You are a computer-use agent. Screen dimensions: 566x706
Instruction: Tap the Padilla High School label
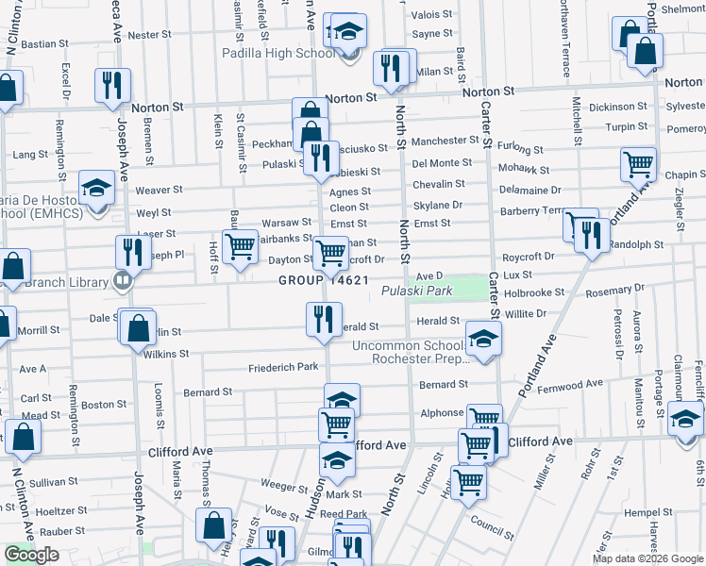278,53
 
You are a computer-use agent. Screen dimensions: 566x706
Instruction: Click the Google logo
32,555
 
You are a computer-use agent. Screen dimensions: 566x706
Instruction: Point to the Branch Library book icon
122,280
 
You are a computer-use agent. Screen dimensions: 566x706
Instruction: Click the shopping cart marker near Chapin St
639,164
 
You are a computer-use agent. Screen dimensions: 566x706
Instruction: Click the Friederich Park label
283,368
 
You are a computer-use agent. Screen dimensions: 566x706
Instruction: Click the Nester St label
149,35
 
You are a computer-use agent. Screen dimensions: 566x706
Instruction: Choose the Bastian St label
40,43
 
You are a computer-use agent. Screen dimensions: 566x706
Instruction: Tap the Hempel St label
647,512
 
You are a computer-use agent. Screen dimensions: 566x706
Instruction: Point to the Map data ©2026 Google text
647,558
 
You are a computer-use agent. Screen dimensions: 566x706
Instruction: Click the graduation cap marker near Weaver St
96,188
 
